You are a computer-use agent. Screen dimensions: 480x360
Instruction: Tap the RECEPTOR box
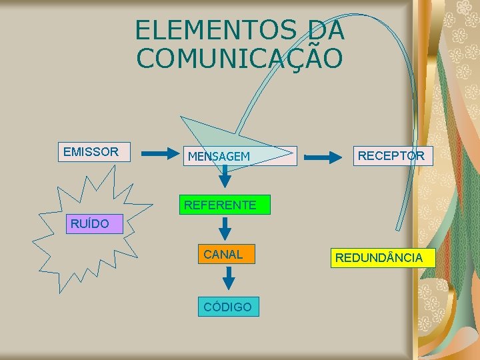tap(391, 156)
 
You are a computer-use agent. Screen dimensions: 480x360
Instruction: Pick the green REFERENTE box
tap(220, 205)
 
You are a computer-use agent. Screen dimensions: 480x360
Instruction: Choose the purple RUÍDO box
tap(91, 223)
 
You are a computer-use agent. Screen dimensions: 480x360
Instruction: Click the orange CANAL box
tap(223, 254)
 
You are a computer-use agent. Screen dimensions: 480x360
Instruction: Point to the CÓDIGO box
tap(228, 307)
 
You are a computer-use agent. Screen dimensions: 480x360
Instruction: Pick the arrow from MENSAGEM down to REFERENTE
tap(225, 176)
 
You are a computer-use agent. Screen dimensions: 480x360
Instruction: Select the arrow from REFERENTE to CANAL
tap(225, 228)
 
